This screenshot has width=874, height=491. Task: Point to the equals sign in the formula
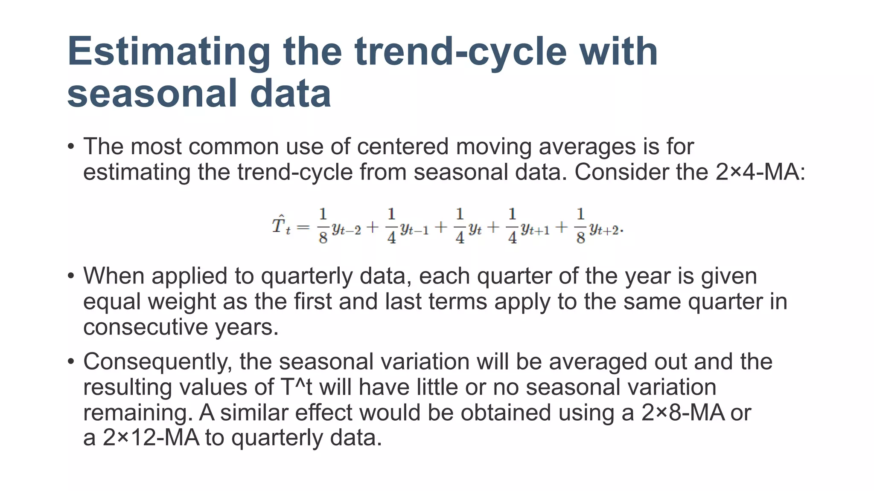pyautogui.click(x=303, y=227)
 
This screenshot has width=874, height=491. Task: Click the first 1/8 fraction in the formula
pyautogui.click(x=323, y=225)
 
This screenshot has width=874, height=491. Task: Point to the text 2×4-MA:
pyautogui.click(x=760, y=172)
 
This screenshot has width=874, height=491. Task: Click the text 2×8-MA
pyautogui.click(x=683, y=413)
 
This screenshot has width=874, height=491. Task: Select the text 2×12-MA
pyautogui.click(x=151, y=438)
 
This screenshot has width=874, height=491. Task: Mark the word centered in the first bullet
pyautogui.click(x=403, y=147)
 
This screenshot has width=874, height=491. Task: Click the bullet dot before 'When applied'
pyautogui.click(x=71, y=276)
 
